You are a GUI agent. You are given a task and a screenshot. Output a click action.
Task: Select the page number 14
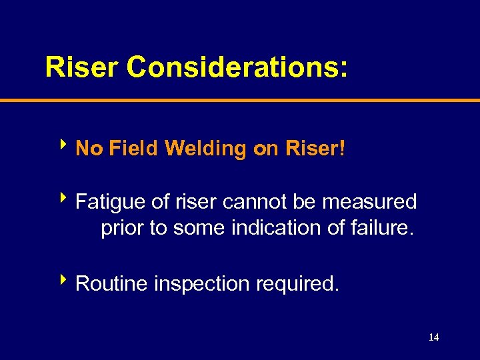click(433, 337)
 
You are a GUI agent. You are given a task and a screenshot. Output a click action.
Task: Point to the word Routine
click(113, 283)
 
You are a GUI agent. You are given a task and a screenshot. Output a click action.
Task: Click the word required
click(300, 283)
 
